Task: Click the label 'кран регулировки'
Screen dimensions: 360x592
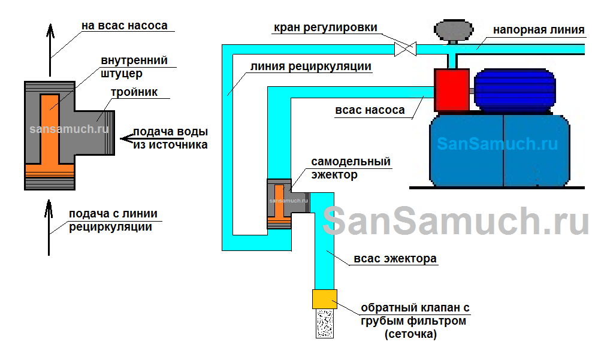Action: point(325,28)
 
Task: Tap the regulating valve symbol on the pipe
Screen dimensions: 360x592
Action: point(405,49)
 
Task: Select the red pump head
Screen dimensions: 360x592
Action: point(451,90)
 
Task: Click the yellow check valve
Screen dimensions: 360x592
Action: point(325,298)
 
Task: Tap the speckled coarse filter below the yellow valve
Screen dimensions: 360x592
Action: point(325,323)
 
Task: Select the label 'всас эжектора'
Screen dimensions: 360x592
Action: point(395,259)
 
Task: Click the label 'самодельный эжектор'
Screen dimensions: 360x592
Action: point(351,168)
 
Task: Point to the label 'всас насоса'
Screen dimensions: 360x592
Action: point(378,110)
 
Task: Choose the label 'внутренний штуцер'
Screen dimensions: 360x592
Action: point(134,66)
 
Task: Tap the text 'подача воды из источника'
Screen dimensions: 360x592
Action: point(170,138)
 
